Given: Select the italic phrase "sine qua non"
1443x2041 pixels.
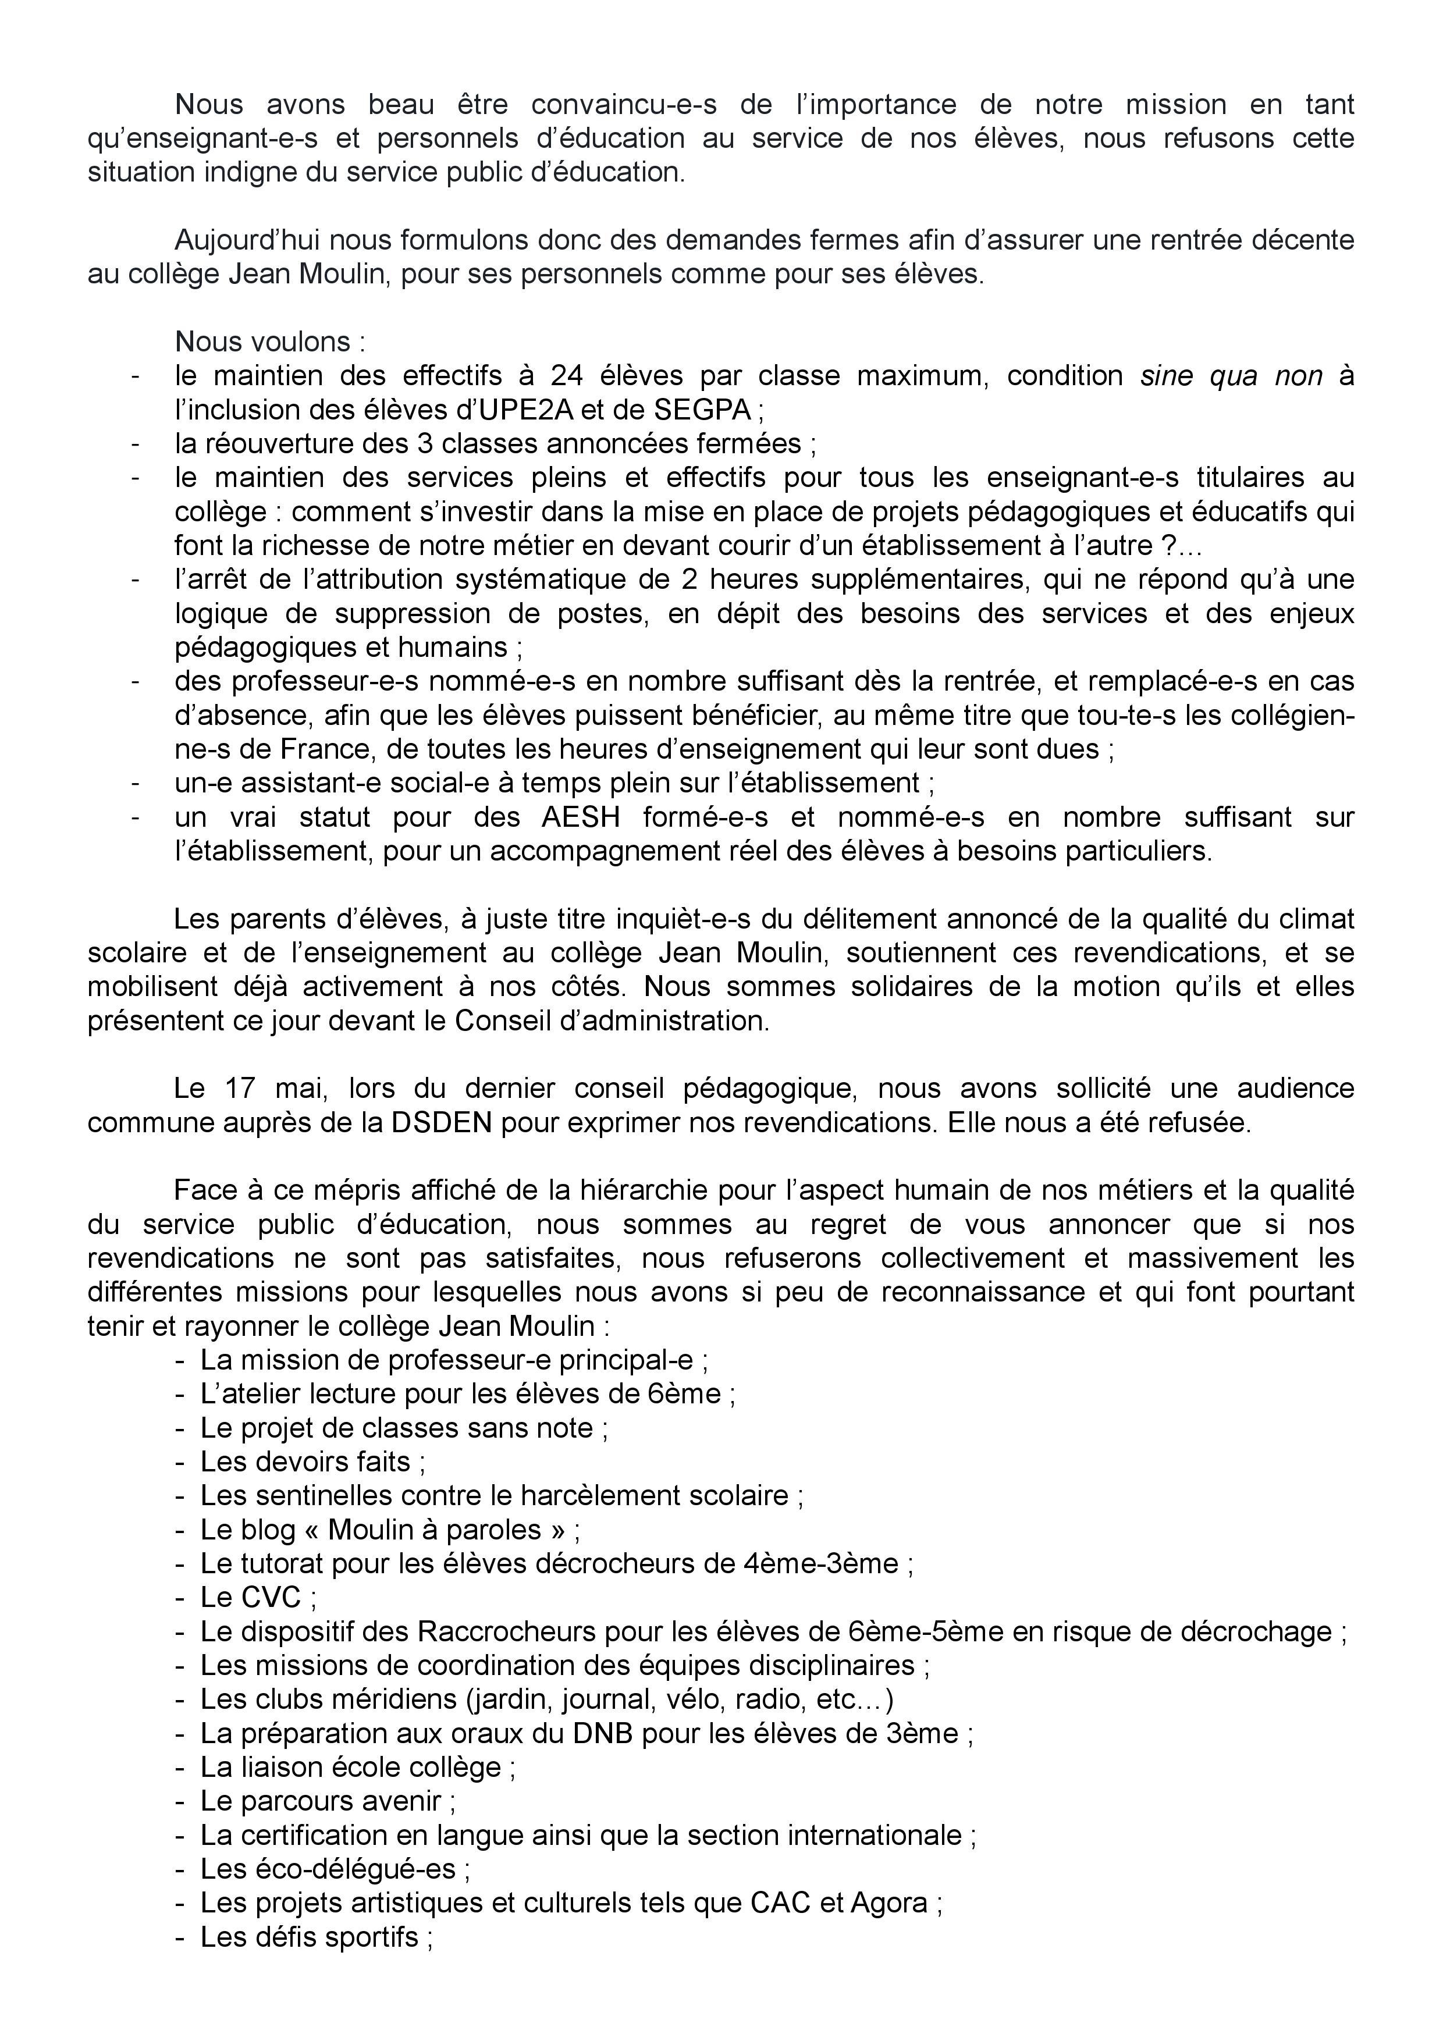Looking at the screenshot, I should pos(1231,376).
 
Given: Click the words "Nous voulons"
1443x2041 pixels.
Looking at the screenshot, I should pos(263,342).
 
